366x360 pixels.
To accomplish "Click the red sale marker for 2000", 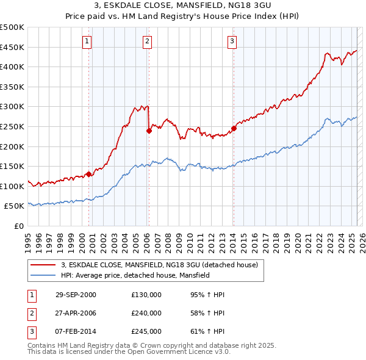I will click(x=89, y=174).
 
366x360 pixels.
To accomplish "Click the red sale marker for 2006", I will click(x=149, y=130).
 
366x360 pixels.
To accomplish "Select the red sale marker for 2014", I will click(x=234, y=128).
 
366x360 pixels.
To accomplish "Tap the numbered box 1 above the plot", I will click(x=87, y=41).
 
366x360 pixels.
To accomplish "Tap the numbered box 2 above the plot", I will click(x=148, y=41).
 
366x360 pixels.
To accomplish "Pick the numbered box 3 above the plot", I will click(x=232, y=41).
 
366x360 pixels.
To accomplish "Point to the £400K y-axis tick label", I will click(x=12, y=67).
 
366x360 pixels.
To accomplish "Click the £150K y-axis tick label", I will click(x=12, y=166).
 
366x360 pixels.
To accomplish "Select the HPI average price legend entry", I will click(x=135, y=276).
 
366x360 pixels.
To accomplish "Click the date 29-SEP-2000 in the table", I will click(x=76, y=295).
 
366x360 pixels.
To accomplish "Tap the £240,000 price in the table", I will click(x=146, y=313).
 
